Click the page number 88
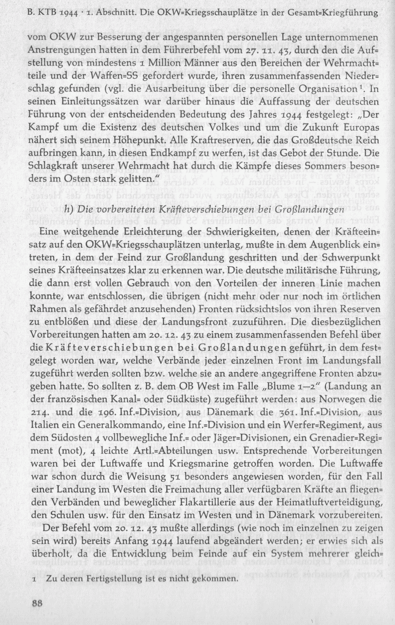click(x=38, y=602)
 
